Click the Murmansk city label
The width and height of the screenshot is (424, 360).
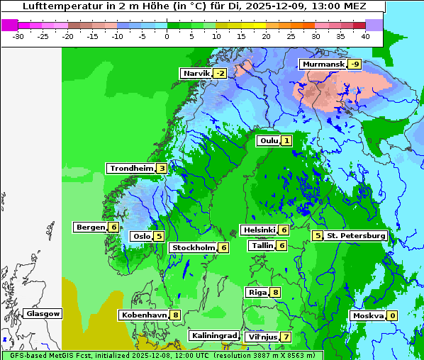pyautogui.click(x=323, y=64)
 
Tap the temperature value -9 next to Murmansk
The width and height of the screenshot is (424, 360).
pyautogui.click(x=355, y=64)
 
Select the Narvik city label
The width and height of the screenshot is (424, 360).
pyautogui.click(x=196, y=74)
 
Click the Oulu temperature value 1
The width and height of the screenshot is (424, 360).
pyautogui.click(x=286, y=141)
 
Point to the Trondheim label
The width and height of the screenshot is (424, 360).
pyautogui.click(x=131, y=169)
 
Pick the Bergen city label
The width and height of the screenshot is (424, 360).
pyautogui.click(x=90, y=227)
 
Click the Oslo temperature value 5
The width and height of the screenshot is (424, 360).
pyautogui.click(x=159, y=237)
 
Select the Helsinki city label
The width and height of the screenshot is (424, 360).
pyautogui.click(x=259, y=230)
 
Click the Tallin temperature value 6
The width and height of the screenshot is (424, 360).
pyautogui.click(x=281, y=246)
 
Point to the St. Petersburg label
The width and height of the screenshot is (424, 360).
pyautogui.click(x=355, y=236)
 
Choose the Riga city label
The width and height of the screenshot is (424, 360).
pyautogui.click(x=257, y=292)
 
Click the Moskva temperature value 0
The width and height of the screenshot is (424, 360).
pyautogui.click(x=392, y=316)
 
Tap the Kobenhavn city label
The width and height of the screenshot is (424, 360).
pyautogui.click(x=144, y=315)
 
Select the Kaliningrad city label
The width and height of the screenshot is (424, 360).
pyautogui.click(x=213, y=335)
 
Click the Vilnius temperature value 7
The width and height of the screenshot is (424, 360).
pyautogui.click(x=286, y=337)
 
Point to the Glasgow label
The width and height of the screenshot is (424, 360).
pyautogui.click(x=43, y=313)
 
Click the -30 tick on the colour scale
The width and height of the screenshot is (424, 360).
pyautogui.click(x=18, y=35)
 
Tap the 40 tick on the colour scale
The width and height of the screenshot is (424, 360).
pyautogui.click(x=365, y=35)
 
